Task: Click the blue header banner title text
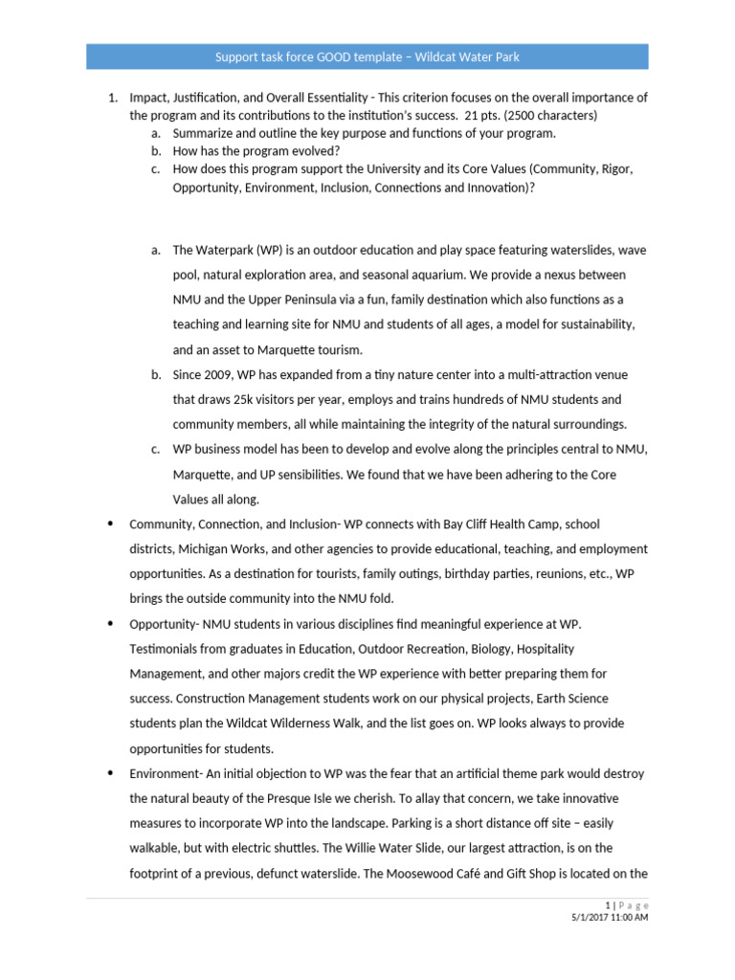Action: (367, 57)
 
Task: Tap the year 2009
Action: (218, 374)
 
